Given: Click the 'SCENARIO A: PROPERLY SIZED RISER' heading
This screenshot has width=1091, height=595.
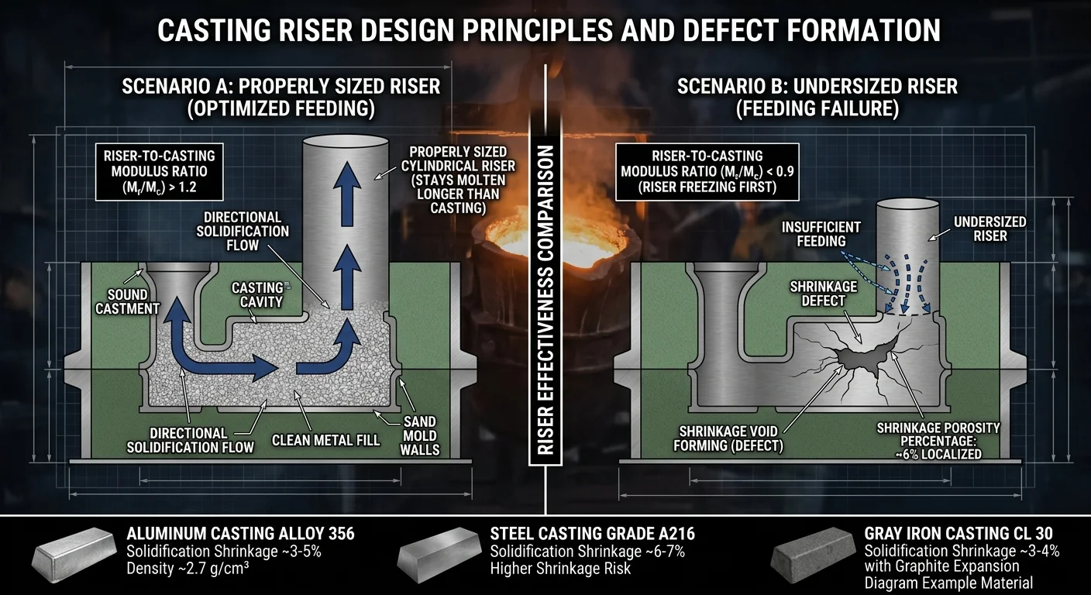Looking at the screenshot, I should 280,86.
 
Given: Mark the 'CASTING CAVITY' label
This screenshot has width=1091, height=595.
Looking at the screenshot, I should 257,294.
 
